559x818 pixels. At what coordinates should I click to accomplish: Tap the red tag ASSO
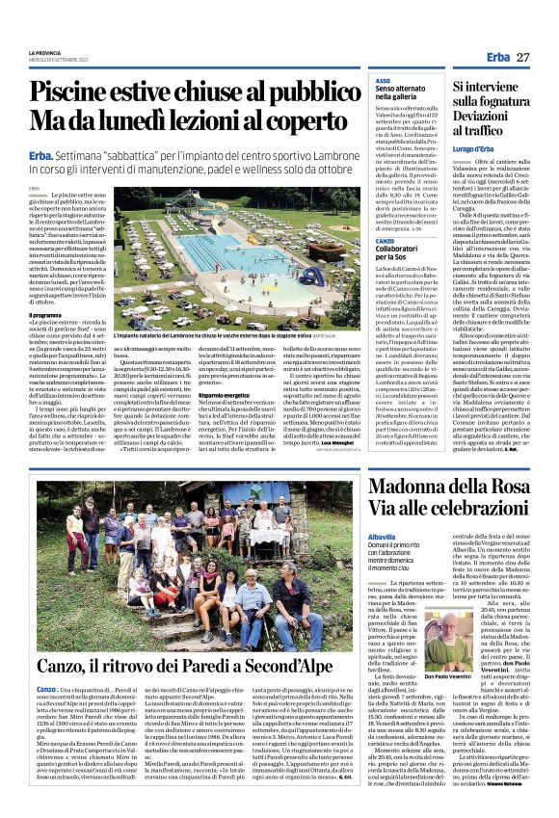click(383, 81)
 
